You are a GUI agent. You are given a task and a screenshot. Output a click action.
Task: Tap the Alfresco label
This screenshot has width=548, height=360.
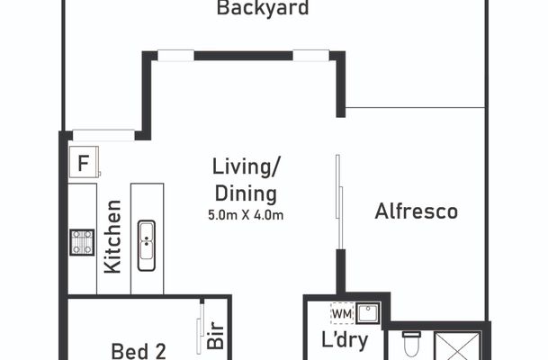(417, 211)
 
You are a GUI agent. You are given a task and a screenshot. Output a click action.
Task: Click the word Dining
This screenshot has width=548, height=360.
(245, 193)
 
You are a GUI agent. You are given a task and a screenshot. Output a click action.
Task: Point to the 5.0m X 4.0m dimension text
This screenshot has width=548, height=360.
(245, 216)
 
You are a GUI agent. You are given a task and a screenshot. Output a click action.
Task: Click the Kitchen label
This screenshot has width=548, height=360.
(112, 236)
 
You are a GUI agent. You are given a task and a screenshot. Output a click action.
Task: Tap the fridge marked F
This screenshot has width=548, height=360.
(83, 164)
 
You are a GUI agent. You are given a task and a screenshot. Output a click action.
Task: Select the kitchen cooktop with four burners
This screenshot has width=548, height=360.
(83, 242)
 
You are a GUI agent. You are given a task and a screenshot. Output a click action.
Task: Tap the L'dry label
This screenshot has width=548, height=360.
(342, 341)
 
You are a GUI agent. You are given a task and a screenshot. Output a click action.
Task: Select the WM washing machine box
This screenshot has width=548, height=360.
(342, 312)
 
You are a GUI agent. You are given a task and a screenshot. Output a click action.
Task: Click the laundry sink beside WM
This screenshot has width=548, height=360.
(366, 313)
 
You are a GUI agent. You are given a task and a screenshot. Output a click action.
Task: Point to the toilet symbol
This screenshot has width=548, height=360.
(411, 345)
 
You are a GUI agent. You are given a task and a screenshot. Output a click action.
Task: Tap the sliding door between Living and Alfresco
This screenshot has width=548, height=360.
(337, 202)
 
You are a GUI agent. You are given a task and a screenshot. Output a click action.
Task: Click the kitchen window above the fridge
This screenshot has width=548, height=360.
(103, 135)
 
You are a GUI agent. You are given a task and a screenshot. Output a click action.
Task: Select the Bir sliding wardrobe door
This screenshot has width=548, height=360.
(200, 328)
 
